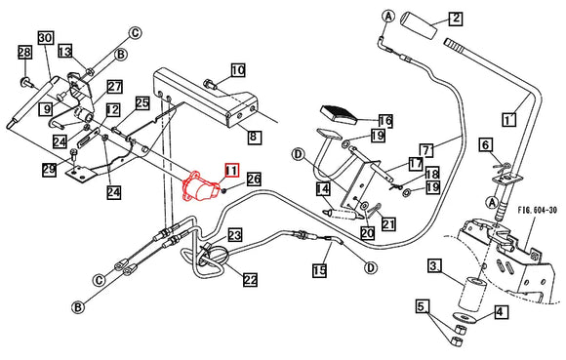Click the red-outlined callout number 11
(x=231, y=171)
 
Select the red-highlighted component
(x=200, y=186)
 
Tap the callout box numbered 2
(x=456, y=18)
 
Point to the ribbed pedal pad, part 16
(x=339, y=113)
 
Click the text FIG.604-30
(x=538, y=210)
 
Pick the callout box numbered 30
(x=46, y=38)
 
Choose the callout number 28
(x=25, y=53)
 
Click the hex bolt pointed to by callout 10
(x=211, y=85)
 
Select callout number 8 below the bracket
(x=255, y=137)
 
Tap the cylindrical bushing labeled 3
(x=473, y=293)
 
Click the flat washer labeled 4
(x=465, y=317)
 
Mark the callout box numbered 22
(x=250, y=280)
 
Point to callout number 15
(x=319, y=270)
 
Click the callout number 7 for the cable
(x=426, y=150)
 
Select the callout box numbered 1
(x=509, y=119)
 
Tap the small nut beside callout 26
(x=224, y=190)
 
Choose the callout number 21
(x=388, y=224)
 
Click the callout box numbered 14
(x=323, y=189)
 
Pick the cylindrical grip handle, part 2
(x=420, y=26)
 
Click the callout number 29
(x=49, y=170)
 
